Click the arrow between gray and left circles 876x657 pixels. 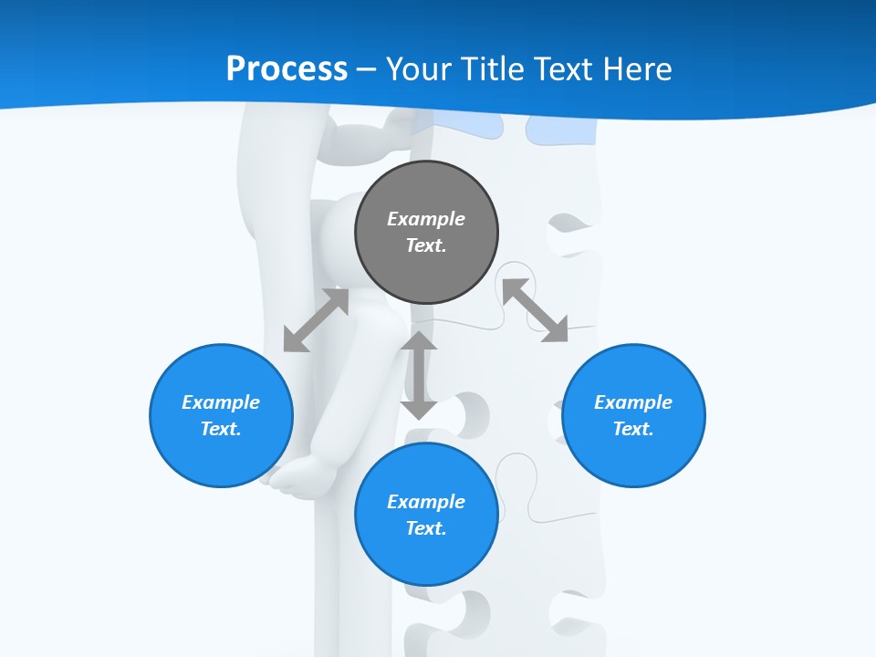click(316, 320)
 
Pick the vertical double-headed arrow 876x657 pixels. click(419, 375)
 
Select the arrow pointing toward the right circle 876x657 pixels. click(536, 310)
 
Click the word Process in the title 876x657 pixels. click(287, 68)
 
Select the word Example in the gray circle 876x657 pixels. click(426, 219)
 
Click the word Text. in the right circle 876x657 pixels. click(633, 429)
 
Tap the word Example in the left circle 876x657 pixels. click(221, 402)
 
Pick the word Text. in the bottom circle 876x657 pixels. click(426, 528)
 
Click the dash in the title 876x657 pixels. click(367, 69)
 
